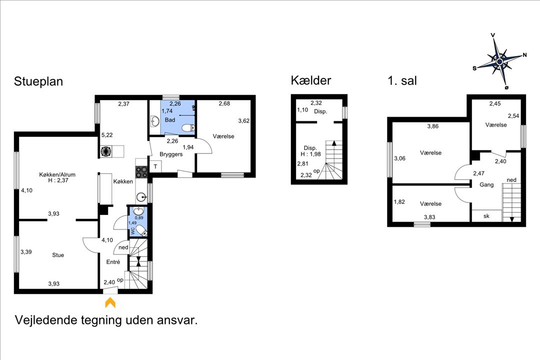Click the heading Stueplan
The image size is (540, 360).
[38, 81]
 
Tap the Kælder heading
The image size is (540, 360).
[311, 80]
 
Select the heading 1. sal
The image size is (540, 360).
[402, 80]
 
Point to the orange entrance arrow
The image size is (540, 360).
[110, 302]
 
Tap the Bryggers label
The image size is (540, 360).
[171, 154]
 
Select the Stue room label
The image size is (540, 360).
[58, 255]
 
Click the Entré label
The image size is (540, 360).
[113, 261]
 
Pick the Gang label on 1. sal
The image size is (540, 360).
[486, 184]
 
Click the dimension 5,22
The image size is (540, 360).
[107, 135]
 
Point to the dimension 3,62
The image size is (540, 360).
[244, 120]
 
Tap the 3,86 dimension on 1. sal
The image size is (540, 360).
[433, 126]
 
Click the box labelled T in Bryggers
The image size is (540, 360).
[155, 166]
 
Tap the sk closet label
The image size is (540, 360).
[486, 216]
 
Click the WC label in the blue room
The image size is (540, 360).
[132, 231]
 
